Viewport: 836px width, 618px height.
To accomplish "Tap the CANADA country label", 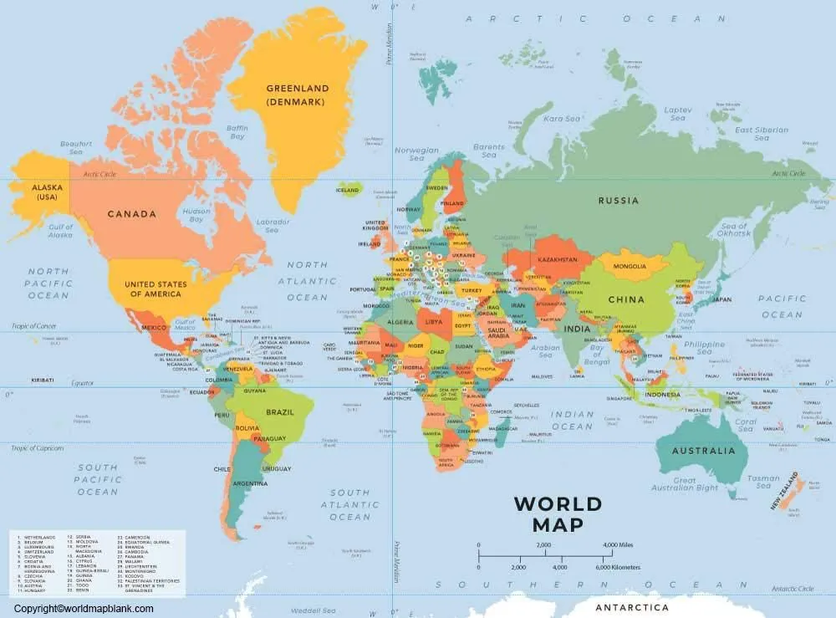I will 131,214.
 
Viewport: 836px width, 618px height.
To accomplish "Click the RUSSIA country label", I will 618,201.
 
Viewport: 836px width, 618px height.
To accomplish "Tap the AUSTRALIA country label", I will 703,451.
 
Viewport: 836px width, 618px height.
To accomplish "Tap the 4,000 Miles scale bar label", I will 618,544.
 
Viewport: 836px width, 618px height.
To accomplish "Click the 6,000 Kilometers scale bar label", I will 618,567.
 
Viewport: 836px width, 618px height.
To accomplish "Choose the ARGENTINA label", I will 250,483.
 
